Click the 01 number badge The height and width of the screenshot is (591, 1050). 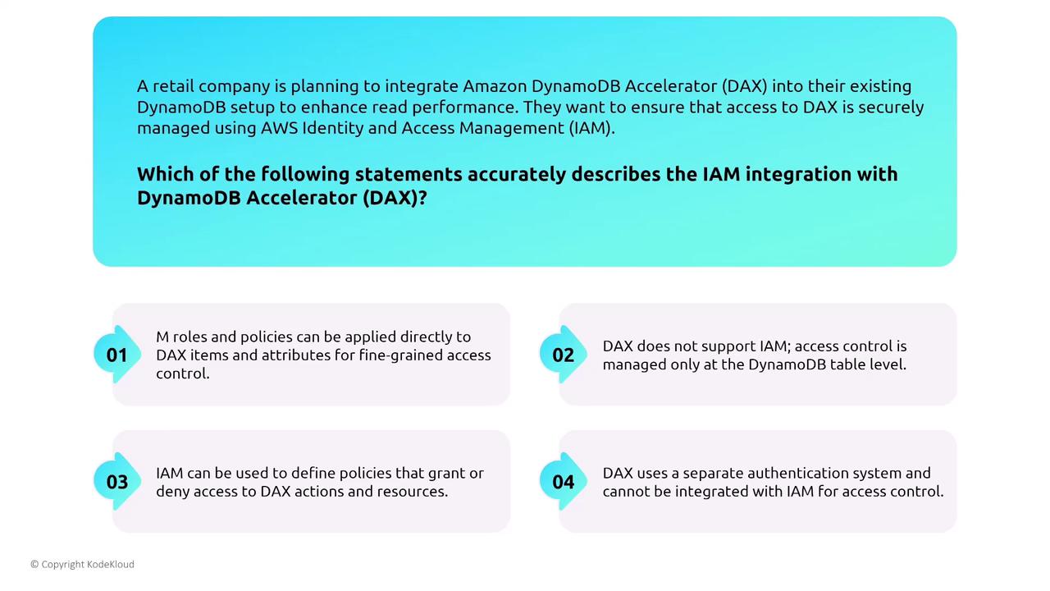[x=117, y=355]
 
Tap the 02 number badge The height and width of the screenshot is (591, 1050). [x=564, y=355]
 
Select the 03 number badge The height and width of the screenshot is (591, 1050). [x=117, y=482]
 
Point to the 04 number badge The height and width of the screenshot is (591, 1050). [x=564, y=482]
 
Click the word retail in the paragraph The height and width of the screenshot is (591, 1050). [x=173, y=86]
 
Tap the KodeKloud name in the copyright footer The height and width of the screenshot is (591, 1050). [x=110, y=564]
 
